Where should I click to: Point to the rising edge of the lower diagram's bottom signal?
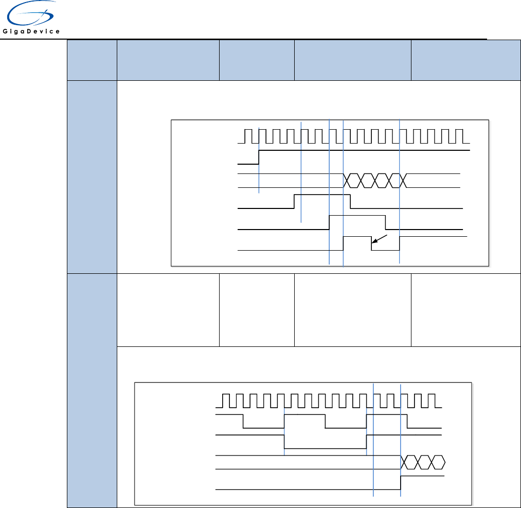[x=401, y=483]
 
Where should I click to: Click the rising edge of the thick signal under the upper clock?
[x=259, y=157]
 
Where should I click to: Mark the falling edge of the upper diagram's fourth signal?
[x=351, y=201]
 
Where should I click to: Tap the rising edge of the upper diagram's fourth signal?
[x=294, y=201]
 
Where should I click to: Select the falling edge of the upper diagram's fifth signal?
[x=386, y=222]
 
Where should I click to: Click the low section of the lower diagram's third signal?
[x=325, y=448]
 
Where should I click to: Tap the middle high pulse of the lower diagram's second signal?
[x=304, y=414]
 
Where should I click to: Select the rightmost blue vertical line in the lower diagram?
[x=400, y=437]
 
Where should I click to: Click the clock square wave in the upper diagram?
[x=355, y=136]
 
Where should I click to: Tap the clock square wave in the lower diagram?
[x=329, y=400]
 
